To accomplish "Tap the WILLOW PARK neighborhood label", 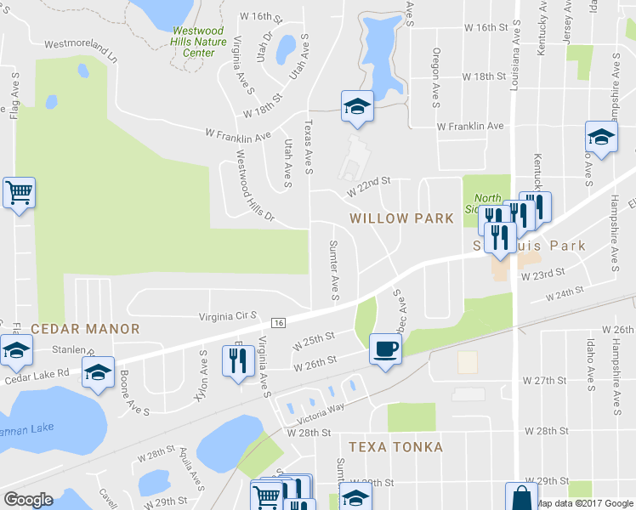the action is [402, 218].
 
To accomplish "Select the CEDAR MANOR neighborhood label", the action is [72, 328].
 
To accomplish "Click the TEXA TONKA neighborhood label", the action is [395, 446].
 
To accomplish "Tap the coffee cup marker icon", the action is [385, 348].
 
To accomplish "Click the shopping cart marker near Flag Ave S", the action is [19, 192].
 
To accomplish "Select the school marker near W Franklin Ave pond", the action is [357, 106].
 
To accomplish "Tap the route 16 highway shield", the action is [278, 322].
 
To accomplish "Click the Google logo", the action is [28, 500].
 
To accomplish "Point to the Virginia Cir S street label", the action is [228, 315].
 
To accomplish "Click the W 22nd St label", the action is [368, 187].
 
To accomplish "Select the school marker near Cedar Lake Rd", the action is [98, 372].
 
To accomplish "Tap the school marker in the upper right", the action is [600, 138].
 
